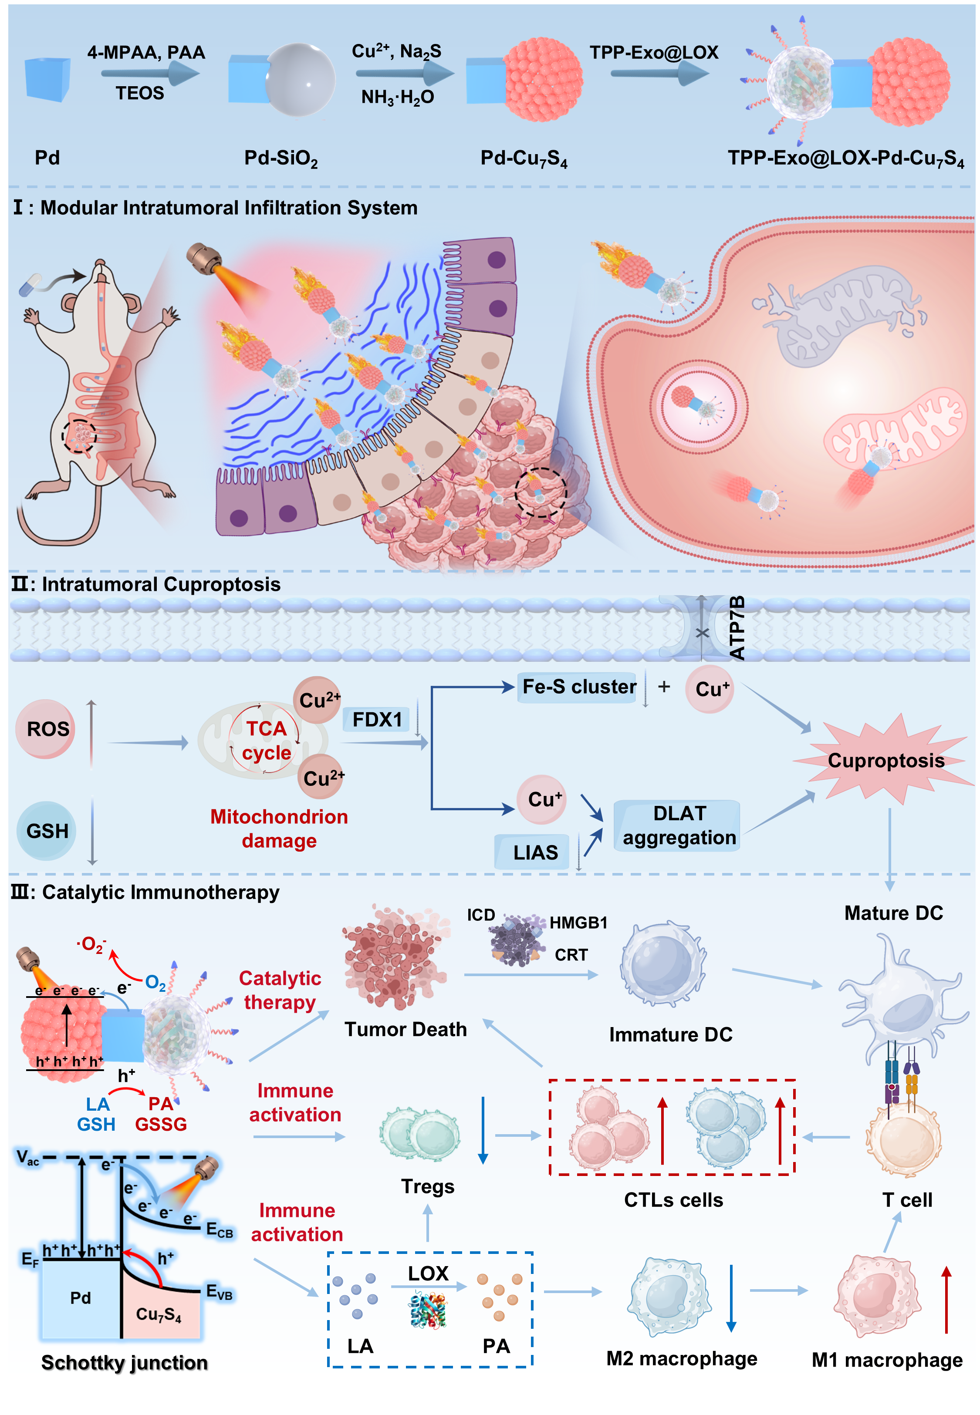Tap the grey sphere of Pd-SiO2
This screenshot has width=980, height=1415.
[301, 80]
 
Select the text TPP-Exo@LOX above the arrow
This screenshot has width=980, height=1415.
[653, 52]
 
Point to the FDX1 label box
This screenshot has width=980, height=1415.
[376, 719]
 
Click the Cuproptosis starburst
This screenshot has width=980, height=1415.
[884, 761]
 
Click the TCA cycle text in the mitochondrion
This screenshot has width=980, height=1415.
[266, 741]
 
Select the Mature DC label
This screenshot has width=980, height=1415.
[893, 913]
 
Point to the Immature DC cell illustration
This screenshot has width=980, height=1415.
[663, 964]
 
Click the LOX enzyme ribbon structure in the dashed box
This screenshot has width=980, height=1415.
[428, 1311]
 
